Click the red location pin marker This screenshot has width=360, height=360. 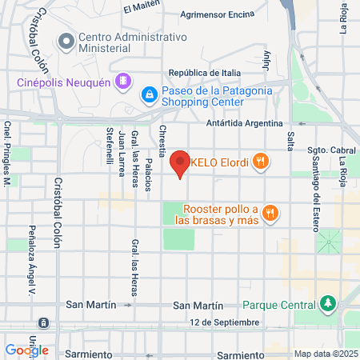181,163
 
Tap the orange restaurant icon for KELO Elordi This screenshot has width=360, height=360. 259,162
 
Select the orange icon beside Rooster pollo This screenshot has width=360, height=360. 272,212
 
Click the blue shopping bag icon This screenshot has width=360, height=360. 149,95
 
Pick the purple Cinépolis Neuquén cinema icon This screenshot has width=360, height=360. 122,81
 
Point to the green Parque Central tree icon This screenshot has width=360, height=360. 326,304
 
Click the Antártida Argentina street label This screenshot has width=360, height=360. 245,123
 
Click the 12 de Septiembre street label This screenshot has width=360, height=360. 225,322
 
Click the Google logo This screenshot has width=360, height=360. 26,350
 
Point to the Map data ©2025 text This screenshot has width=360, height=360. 324,354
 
